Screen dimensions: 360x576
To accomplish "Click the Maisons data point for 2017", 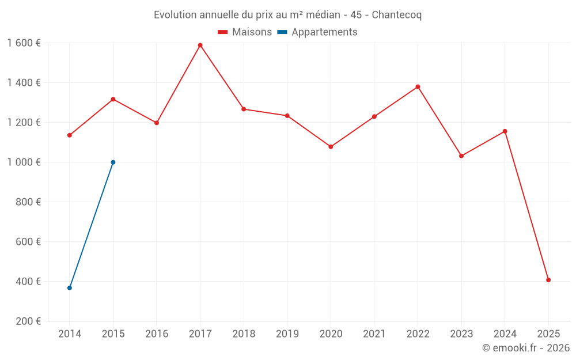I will click(200, 45).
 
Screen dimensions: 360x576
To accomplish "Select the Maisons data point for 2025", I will click(548, 280).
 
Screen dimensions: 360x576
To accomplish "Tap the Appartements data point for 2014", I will click(70, 288).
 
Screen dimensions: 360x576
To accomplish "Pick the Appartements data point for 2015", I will click(113, 162).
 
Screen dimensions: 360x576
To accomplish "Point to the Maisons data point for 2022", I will click(418, 87).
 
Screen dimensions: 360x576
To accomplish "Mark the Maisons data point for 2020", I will click(331, 147).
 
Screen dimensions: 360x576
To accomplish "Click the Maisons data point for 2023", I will click(461, 156).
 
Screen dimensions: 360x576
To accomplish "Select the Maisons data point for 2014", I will click(70, 135).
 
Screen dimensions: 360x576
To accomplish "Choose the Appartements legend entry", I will click(317, 32).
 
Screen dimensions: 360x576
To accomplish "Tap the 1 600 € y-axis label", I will click(24, 43).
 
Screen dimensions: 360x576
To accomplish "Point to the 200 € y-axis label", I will click(28, 321).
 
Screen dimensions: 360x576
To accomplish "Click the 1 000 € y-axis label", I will click(24, 162).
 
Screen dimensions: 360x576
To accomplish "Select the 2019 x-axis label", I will click(287, 334).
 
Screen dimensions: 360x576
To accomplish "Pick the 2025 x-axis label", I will click(548, 334).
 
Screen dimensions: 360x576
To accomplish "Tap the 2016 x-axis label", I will click(157, 334).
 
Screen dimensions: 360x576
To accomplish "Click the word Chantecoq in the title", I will click(396, 15).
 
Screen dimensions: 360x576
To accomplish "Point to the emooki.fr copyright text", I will click(526, 348).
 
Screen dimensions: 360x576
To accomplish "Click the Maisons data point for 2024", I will click(505, 131).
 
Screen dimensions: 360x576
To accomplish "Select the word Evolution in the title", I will click(175, 15).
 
